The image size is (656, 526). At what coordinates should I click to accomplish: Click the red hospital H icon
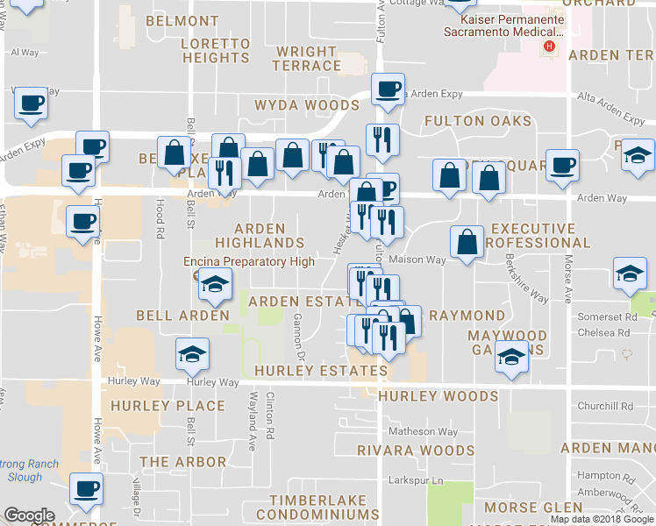point(550,46)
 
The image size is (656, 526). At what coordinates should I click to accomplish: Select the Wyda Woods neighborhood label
point(306,105)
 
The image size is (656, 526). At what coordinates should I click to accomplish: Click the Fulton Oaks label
point(477,120)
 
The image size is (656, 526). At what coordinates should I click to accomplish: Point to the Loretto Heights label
point(216,50)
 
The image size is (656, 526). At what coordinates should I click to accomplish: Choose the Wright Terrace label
point(306,59)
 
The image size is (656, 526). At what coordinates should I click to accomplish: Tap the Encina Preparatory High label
point(248,261)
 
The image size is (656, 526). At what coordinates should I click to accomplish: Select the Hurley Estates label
point(320,371)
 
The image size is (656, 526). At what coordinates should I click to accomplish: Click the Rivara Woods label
point(416,451)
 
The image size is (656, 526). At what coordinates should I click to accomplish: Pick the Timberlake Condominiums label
point(324,507)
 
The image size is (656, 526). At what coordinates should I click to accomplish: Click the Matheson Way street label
point(424,431)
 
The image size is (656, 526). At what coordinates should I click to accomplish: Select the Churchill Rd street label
point(605,406)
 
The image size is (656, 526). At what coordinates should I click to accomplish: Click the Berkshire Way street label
point(526,279)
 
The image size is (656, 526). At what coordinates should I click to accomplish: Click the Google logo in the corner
point(29,515)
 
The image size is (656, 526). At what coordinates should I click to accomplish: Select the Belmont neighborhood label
point(182,20)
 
